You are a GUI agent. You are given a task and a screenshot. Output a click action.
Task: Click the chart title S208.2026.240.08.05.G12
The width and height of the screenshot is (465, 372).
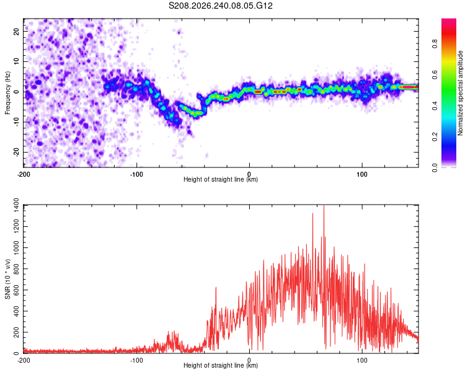click(220, 6)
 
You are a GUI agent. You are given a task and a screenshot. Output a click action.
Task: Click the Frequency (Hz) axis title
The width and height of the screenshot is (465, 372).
click(7, 93)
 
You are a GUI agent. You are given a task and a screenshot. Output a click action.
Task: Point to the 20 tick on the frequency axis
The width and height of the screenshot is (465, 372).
click(17, 32)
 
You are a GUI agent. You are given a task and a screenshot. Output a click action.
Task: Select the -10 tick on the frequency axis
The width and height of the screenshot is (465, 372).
click(17, 122)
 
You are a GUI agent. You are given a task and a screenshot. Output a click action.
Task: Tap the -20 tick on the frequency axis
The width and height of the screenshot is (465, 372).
click(17, 153)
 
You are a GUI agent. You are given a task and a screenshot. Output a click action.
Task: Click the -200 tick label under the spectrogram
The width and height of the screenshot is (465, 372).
click(24, 174)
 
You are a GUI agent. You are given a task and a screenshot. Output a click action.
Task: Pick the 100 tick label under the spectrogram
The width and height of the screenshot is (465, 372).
click(362, 174)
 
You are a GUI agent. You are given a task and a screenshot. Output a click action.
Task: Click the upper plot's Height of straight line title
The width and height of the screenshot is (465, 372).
click(221, 179)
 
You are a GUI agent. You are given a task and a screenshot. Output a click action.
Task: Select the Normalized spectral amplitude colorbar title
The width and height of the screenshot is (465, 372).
click(460, 93)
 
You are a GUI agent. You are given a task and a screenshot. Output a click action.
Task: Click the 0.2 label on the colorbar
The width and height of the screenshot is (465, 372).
click(435, 137)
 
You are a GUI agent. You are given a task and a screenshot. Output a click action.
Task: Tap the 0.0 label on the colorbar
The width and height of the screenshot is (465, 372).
click(435, 167)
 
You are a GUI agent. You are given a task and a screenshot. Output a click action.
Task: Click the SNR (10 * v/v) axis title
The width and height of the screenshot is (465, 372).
click(7, 279)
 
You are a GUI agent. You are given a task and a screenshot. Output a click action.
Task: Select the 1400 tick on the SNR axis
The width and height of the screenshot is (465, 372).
click(17, 205)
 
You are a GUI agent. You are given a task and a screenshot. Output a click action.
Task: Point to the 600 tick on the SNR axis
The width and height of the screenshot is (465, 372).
click(17, 290)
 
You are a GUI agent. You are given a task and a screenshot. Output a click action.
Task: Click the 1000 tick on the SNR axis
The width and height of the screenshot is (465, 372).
click(17, 248)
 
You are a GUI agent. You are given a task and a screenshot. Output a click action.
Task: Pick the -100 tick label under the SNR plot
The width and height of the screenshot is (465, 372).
click(136, 360)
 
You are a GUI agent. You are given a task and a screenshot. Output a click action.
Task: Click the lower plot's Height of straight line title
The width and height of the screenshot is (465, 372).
click(221, 365)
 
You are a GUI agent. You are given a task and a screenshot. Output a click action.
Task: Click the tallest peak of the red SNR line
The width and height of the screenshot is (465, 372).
click(324, 205)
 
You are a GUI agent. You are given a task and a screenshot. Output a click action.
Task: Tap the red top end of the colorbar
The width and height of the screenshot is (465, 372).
click(449, 20)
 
